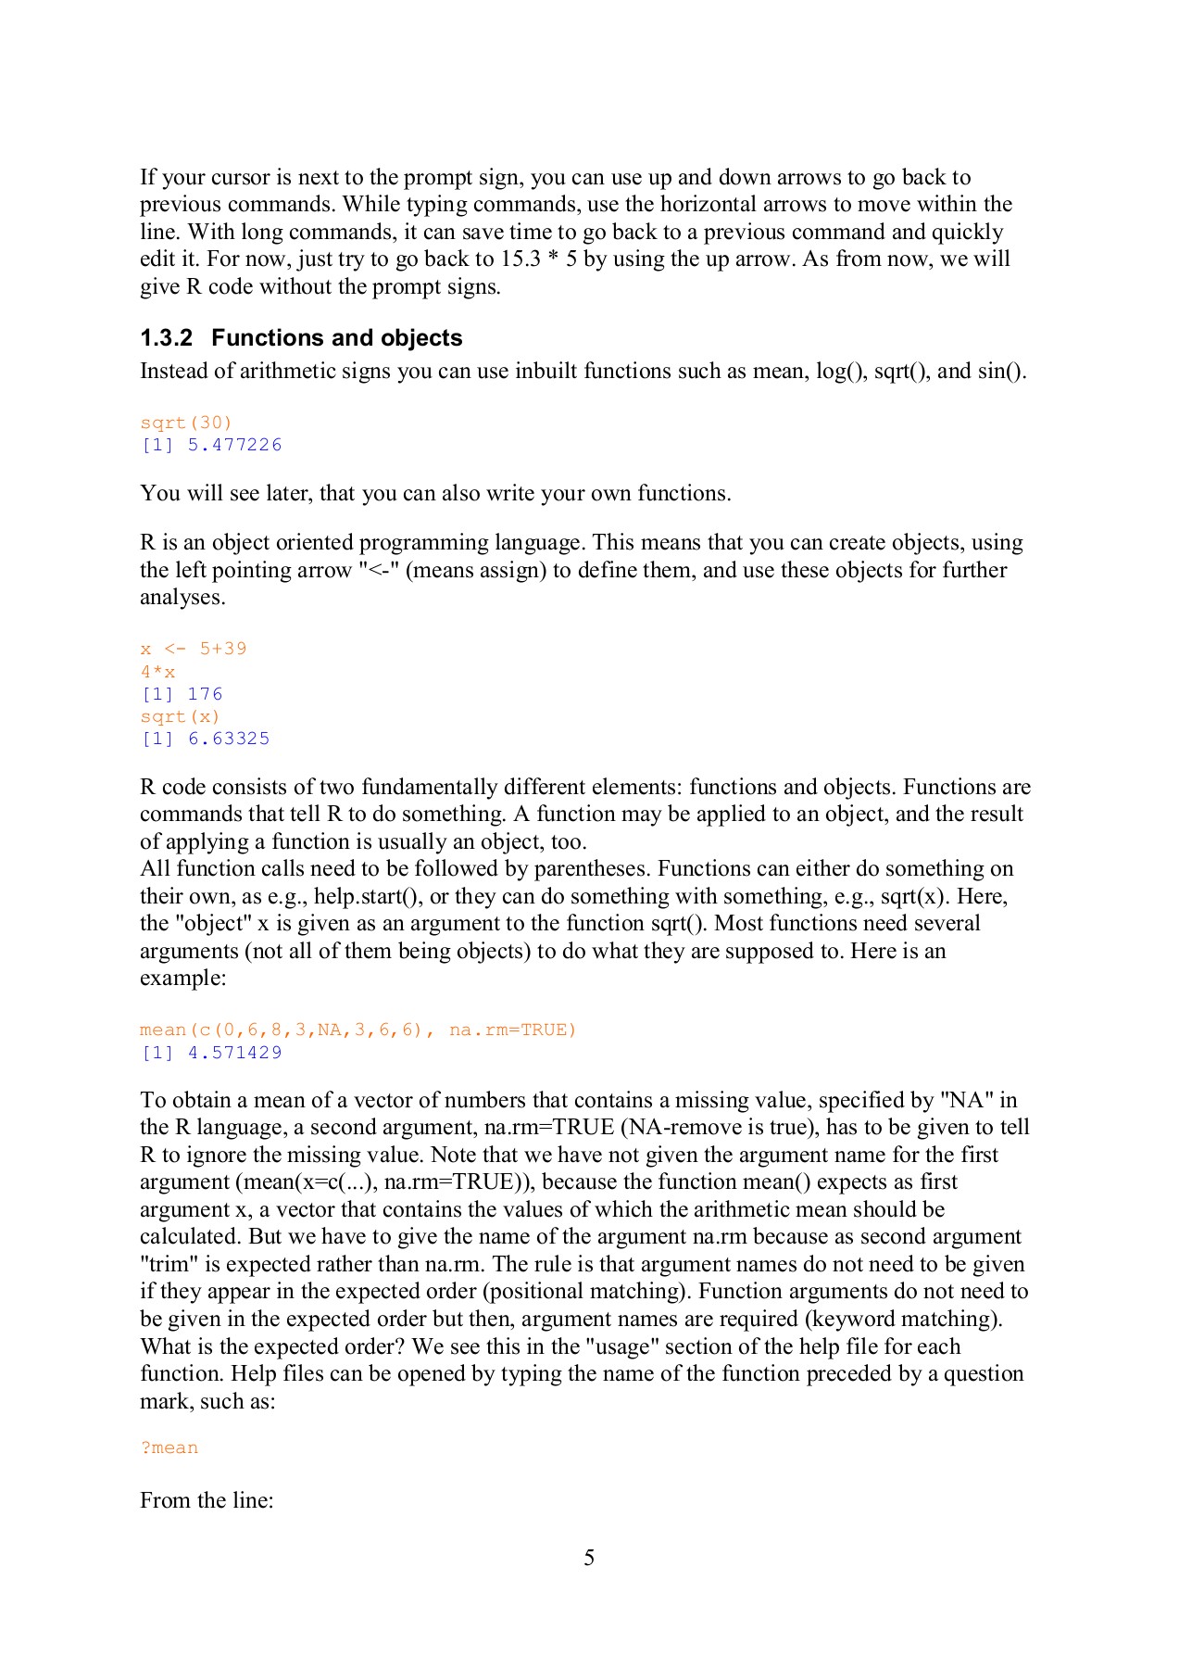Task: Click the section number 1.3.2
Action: pos(167,338)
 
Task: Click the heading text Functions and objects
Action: pos(337,338)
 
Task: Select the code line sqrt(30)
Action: pos(186,423)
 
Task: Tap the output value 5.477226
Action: pos(235,445)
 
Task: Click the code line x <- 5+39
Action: pos(194,649)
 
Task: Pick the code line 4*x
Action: pos(157,672)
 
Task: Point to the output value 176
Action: pos(205,694)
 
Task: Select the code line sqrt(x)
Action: pos(181,716)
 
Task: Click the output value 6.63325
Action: pos(229,739)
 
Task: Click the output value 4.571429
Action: pos(235,1053)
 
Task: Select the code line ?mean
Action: pos(169,1447)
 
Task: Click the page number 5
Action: pos(589,1559)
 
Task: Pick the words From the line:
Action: pos(207,1500)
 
